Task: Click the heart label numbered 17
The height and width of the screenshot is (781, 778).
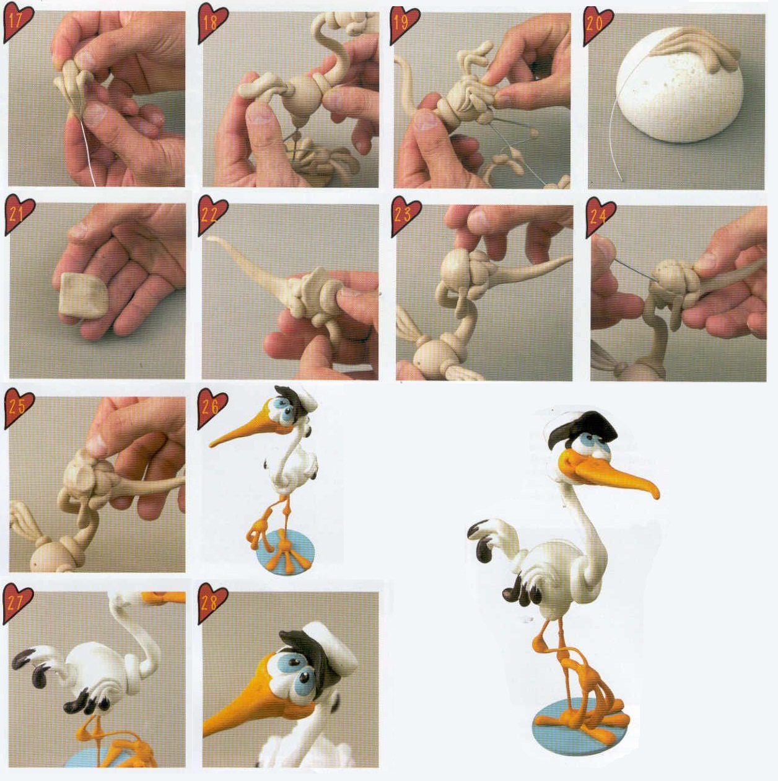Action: pos(18,23)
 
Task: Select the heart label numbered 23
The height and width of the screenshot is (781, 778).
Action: pos(405,215)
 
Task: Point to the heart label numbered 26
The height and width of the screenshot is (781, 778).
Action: pos(212,409)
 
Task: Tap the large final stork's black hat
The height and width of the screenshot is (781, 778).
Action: pos(583,426)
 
